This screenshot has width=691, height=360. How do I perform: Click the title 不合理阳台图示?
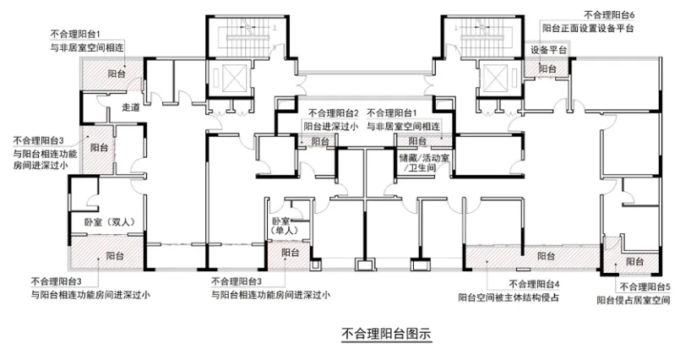(386, 333)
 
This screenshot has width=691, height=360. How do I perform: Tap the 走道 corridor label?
(130, 107)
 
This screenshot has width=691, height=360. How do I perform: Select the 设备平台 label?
(548, 50)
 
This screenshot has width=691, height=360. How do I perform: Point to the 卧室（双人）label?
(110, 222)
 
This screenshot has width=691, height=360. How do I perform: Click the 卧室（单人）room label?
(285, 226)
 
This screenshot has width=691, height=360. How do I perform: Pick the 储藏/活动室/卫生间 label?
(423, 162)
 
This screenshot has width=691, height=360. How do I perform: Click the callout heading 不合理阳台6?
(609, 15)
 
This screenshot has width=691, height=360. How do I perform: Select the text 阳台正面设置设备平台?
(588, 28)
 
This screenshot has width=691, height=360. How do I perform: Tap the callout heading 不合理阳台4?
(534, 284)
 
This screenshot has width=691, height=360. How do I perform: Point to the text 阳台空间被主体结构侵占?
(509, 297)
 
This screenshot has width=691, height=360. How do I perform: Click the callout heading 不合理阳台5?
(645, 286)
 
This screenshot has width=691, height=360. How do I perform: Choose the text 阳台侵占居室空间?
(634, 300)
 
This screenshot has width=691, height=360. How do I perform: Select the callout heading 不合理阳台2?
(334, 113)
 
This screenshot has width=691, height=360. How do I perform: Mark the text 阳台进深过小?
(330, 127)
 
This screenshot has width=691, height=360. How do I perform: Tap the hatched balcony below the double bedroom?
(107, 253)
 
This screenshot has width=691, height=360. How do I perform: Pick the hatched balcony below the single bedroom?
(289, 255)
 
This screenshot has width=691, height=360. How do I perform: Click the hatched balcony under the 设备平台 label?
(547, 68)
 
